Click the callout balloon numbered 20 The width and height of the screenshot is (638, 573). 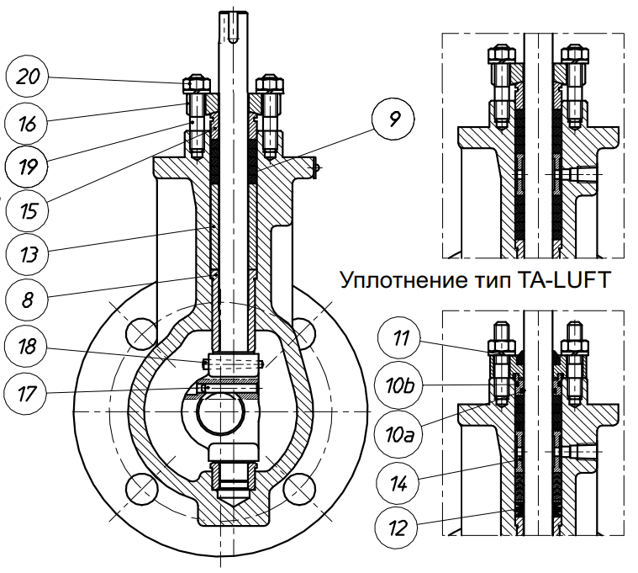[29, 77]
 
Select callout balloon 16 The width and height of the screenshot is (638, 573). [29, 124]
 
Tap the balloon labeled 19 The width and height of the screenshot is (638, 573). [29, 167]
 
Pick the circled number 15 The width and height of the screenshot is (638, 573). [29, 210]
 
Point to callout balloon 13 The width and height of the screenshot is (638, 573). [29, 252]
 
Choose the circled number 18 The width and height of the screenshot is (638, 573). [29, 346]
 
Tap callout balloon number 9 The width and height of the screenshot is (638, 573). [393, 119]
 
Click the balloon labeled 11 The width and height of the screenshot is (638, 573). [400, 340]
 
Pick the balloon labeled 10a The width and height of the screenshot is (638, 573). [400, 434]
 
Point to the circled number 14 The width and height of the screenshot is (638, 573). [400, 482]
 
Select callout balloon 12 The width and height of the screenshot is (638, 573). [400, 528]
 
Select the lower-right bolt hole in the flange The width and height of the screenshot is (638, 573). [300, 489]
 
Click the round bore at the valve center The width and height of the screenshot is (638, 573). [219, 416]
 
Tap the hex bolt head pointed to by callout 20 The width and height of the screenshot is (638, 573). [194, 84]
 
